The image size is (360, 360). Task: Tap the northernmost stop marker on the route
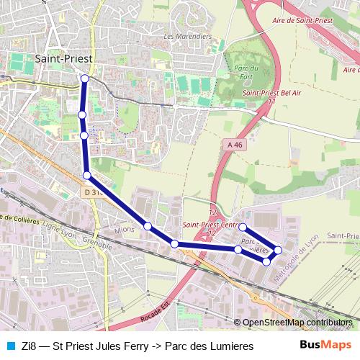(85, 78)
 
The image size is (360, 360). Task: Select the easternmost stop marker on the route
(278, 250)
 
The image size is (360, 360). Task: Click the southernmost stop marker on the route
(266, 261)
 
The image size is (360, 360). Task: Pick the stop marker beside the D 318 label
(87, 175)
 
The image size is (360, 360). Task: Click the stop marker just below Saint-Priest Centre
(243, 227)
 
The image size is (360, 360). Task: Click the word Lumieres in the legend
(230, 346)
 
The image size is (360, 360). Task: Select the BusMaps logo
(324, 346)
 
